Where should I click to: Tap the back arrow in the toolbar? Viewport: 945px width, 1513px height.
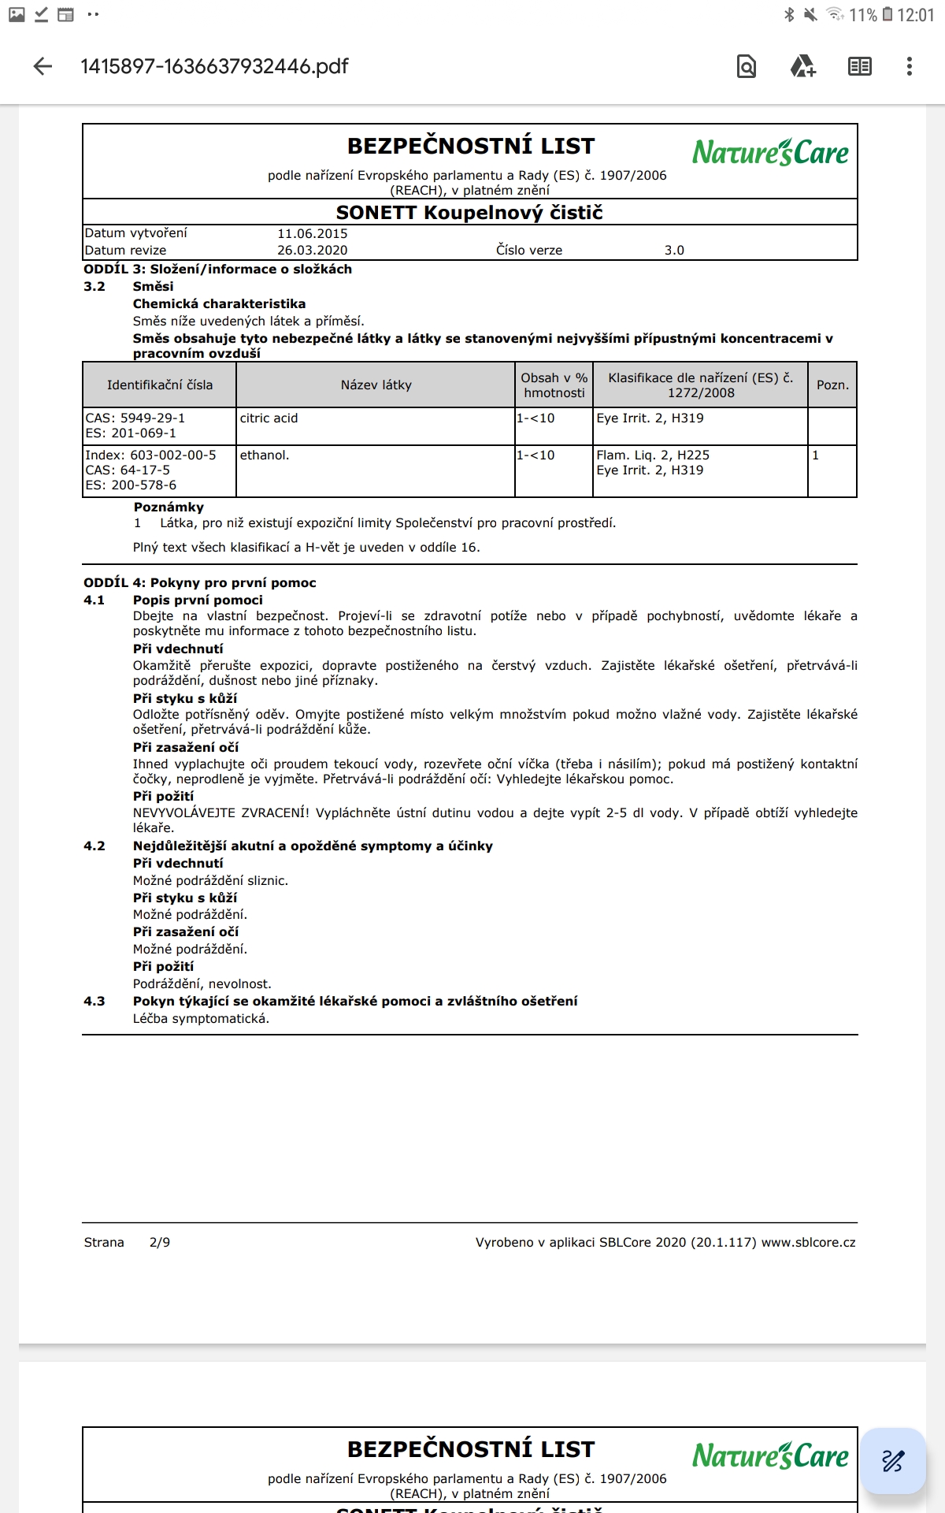click(x=43, y=67)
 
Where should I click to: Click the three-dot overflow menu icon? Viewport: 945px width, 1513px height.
click(x=909, y=67)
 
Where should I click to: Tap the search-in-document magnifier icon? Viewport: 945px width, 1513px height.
click(x=746, y=67)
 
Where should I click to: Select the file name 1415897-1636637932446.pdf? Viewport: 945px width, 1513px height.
click(x=214, y=67)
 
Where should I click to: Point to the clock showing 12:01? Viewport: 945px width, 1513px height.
click(x=915, y=15)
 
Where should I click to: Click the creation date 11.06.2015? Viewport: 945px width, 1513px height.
click(x=312, y=234)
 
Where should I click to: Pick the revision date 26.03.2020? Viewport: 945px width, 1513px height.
click(x=312, y=251)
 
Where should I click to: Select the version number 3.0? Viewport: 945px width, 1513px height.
click(x=674, y=251)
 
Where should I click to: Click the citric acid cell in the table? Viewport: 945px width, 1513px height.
click(x=269, y=418)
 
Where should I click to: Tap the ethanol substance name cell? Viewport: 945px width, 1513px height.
click(x=265, y=455)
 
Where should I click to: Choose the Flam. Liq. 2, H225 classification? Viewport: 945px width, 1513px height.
click(x=653, y=455)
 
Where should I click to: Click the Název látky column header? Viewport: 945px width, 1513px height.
click(x=376, y=385)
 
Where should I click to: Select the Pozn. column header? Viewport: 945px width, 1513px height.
click(x=832, y=385)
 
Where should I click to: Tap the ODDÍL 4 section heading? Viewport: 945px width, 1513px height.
click(x=200, y=583)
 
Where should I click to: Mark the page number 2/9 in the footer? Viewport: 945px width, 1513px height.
click(x=160, y=1243)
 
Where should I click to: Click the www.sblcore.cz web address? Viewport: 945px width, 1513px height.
click(x=808, y=1243)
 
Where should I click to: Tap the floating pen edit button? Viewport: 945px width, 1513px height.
click(x=893, y=1461)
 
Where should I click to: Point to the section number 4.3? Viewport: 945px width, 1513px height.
click(x=94, y=1002)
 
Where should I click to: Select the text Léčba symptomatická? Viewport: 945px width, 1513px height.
click(x=201, y=1019)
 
